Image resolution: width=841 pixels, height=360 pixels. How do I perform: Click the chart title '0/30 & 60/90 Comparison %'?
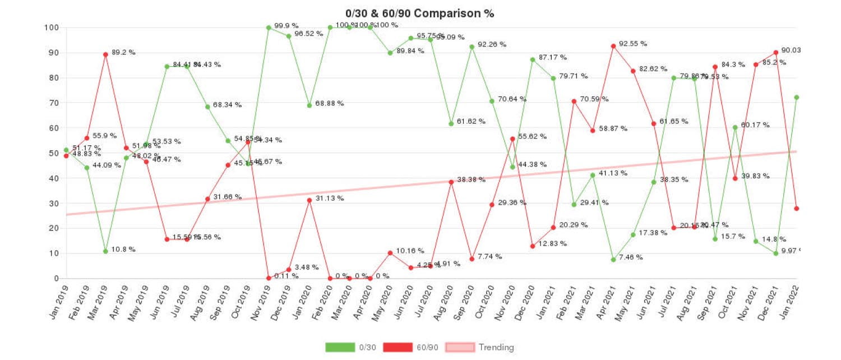click(x=419, y=13)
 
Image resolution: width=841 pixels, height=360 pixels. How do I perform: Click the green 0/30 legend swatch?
click(x=340, y=347)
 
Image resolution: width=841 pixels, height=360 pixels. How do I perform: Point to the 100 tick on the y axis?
click(x=52, y=27)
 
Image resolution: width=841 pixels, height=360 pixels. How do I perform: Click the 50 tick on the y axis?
click(x=54, y=153)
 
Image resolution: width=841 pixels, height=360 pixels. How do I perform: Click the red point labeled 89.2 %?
click(x=105, y=54)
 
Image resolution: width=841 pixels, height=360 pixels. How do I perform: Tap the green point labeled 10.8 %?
click(x=105, y=251)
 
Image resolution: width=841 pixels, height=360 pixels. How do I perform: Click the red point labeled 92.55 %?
click(x=613, y=46)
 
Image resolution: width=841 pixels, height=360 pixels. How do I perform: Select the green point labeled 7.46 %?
click(x=613, y=260)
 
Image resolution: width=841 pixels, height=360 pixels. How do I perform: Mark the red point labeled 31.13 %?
click(x=309, y=200)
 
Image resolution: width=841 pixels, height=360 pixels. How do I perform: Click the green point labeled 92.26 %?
click(x=472, y=47)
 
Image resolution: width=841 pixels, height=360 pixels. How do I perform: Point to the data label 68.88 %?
click(x=329, y=104)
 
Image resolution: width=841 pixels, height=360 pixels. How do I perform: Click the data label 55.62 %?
click(x=532, y=136)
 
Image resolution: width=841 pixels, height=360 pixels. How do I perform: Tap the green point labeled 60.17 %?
click(x=735, y=127)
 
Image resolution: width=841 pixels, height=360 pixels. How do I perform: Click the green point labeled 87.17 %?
click(x=532, y=59)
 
